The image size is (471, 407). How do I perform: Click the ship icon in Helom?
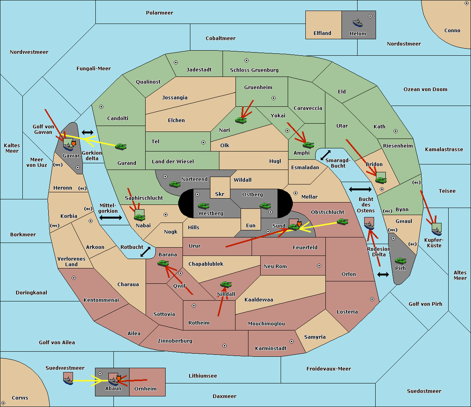point(358,22)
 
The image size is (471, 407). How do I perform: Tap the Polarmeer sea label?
point(159,13)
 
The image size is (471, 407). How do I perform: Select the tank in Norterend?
point(175,184)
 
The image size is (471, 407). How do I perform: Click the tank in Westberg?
point(203,206)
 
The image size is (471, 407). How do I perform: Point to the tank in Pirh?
point(400,261)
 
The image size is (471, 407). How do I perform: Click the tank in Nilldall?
point(226,285)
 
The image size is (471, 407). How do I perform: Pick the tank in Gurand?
point(121,146)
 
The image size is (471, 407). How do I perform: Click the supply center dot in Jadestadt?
point(176,62)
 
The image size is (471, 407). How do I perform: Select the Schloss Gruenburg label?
point(254,70)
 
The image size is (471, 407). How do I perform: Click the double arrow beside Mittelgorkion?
point(111,217)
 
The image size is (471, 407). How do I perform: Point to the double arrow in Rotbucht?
point(145,252)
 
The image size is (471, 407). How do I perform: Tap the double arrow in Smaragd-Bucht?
point(325,155)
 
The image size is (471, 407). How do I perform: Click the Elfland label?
point(322,33)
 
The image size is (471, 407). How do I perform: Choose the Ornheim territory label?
point(145,389)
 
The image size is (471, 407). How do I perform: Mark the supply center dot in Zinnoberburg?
point(225,346)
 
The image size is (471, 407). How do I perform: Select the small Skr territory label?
point(220,194)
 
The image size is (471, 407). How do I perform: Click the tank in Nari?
point(241,120)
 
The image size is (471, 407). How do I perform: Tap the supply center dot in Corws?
point(3,403)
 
